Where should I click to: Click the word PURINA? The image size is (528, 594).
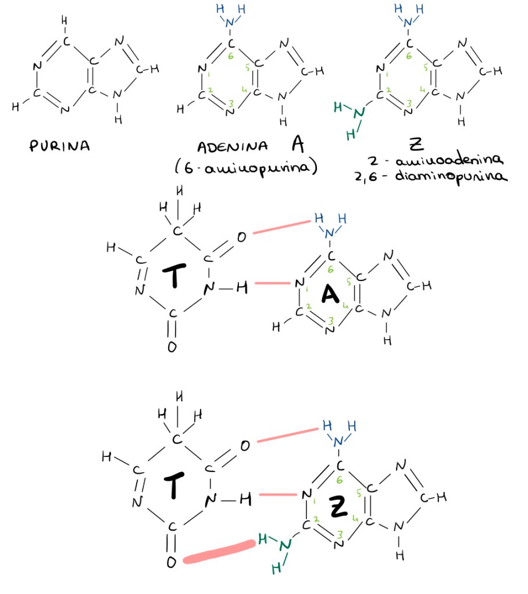coord(59,146)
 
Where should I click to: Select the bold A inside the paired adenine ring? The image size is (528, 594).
coord(330,296)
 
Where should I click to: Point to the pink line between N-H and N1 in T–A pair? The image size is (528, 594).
coord(272,284)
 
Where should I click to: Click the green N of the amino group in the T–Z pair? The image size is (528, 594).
coord(284,546)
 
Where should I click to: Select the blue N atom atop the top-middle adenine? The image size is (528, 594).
coord(230,22)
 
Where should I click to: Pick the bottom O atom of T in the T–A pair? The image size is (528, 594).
coord(172,347)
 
